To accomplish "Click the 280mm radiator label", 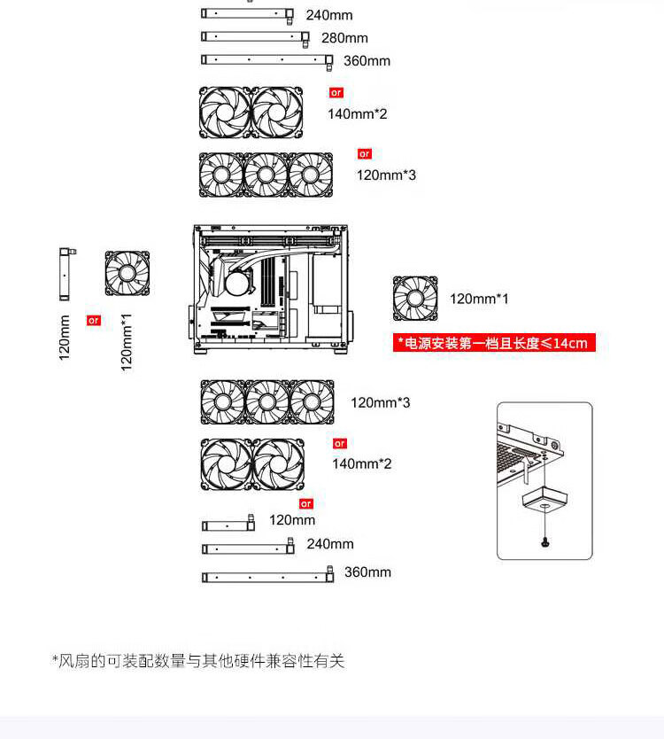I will pos(344,38).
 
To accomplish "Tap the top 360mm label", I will pos(367,61).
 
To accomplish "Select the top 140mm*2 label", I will pos(358,114).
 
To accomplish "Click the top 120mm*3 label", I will pos(386,175).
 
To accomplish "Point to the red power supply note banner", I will pos(494,343).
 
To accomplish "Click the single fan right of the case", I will pos(415,299).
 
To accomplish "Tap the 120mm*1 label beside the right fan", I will pos(479,299).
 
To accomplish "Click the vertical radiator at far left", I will pos(66,274).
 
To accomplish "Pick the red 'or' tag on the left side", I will pos(93,321).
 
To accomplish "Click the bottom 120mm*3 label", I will pos(380,403).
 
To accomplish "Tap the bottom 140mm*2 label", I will pos(361,463).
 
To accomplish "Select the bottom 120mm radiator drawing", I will pos(228,525).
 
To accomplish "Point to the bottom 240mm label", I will pos(330,544).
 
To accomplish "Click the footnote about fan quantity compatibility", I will pos(198,660).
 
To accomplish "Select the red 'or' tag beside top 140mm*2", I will pos(336,93).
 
